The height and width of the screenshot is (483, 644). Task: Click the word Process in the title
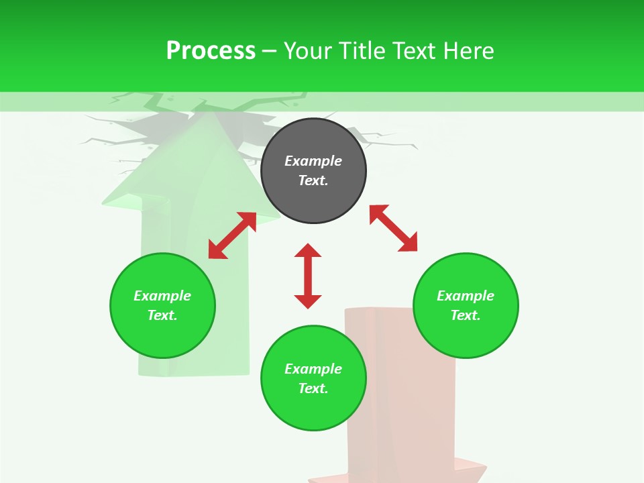tap(211, 51)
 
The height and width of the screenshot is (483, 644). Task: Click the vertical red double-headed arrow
tap(308, 276)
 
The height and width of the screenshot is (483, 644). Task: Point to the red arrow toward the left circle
tap(232, 235)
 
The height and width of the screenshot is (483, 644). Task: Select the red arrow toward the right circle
tap(393, 228)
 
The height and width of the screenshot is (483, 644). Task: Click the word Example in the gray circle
tap(313, 161)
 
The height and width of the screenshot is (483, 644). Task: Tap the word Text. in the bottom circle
tap(313, 388)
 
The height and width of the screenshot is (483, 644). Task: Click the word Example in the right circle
tap(466, 296)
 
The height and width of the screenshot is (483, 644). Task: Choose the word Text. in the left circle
tap(162, 315)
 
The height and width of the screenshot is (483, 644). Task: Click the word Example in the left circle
tap(162, 296)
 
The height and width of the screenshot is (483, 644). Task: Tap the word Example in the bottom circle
tap(313, 369)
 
